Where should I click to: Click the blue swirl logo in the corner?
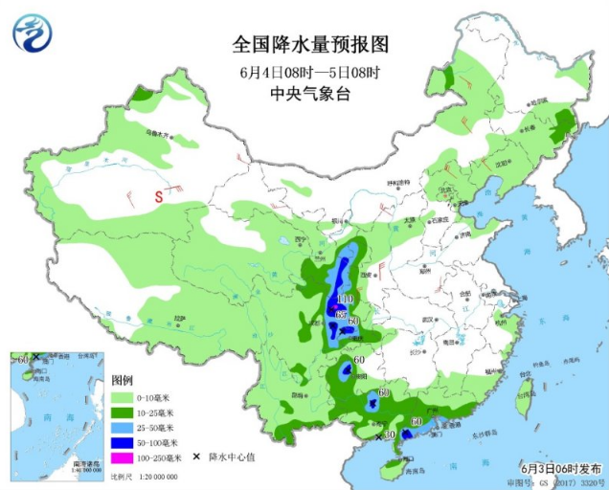pyautogui.click(x=33, y=33)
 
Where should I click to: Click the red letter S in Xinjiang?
pyautogui.click(x=161, y=196)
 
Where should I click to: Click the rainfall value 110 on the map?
pyautogui.click(x=347, y=303)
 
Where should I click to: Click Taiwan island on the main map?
pyautogui.click(x=524, y=402)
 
